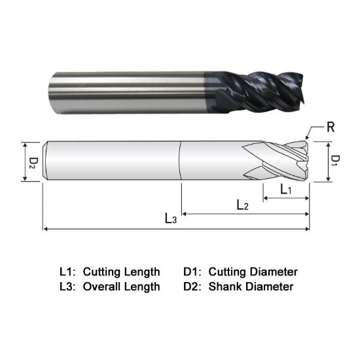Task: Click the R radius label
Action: (331, 127)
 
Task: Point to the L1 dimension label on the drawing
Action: (286, 190)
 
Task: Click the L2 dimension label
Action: (242, 206)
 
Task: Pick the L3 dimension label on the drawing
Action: (170, 219)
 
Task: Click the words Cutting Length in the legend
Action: (121, 271)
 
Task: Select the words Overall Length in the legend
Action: (121, 286)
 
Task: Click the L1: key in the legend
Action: (68, 271)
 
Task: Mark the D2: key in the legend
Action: (194, 286)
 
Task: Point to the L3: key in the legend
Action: (68, 286)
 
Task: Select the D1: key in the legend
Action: (194, 271)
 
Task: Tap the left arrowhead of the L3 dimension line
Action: (45, 229)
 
